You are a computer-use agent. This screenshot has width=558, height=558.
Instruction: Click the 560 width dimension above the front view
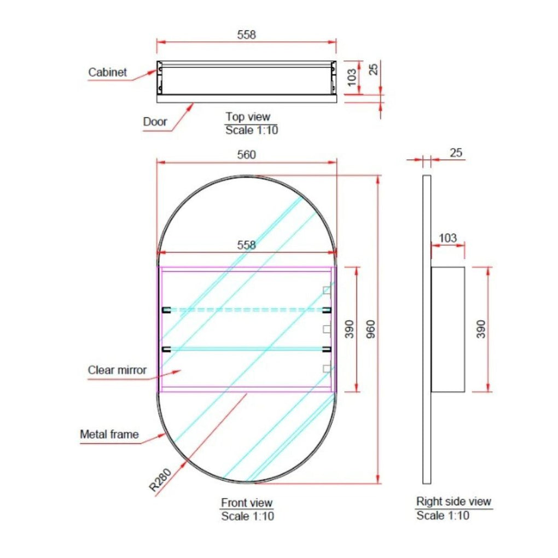246,154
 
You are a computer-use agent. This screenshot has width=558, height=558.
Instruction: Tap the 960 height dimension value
371,329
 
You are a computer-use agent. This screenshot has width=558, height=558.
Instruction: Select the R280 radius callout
160,480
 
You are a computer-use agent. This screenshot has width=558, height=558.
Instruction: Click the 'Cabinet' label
107,72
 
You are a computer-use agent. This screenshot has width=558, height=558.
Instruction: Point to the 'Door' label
155,121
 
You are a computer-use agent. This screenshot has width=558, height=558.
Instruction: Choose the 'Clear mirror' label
117,370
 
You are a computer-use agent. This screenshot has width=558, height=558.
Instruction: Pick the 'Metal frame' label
109,434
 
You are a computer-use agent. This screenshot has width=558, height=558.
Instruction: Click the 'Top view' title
248,117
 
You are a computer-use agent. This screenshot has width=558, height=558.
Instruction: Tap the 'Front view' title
247,503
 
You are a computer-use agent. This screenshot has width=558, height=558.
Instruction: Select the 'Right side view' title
454,502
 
